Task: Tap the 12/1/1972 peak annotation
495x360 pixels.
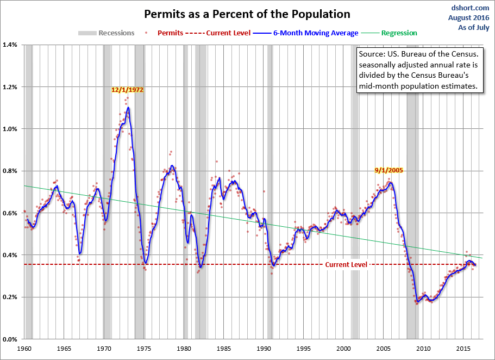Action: point(127,89)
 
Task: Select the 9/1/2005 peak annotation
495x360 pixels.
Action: point(389,170)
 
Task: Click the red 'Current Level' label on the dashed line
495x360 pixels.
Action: point(346,265)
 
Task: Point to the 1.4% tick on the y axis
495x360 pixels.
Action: point(11,45)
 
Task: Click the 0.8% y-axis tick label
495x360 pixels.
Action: point(11,171)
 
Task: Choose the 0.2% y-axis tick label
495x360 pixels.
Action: point(11,297)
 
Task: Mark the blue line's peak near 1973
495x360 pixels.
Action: point(128,107)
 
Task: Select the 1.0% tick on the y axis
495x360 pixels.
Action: point(11,129)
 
